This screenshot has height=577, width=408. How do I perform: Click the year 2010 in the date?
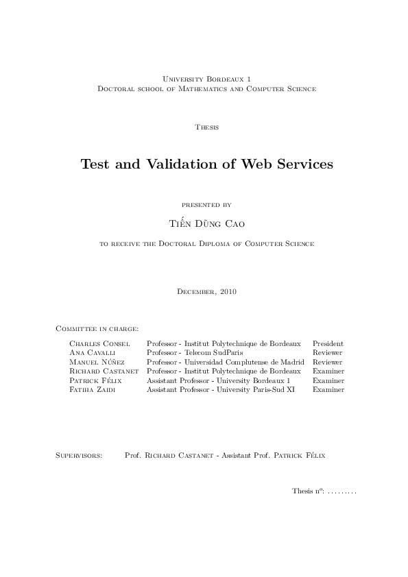pos(228,292)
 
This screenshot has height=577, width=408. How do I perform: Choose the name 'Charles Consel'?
pos(99,343)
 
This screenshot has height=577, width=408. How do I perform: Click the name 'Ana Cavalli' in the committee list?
pos(93,352)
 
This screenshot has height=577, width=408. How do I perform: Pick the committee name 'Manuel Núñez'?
pos(99,361)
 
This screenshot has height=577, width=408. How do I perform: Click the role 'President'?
pos(328,343)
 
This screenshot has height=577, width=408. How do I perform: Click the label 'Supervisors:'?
pos(79,454)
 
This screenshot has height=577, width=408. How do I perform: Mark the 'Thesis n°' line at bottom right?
pos(324,491)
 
